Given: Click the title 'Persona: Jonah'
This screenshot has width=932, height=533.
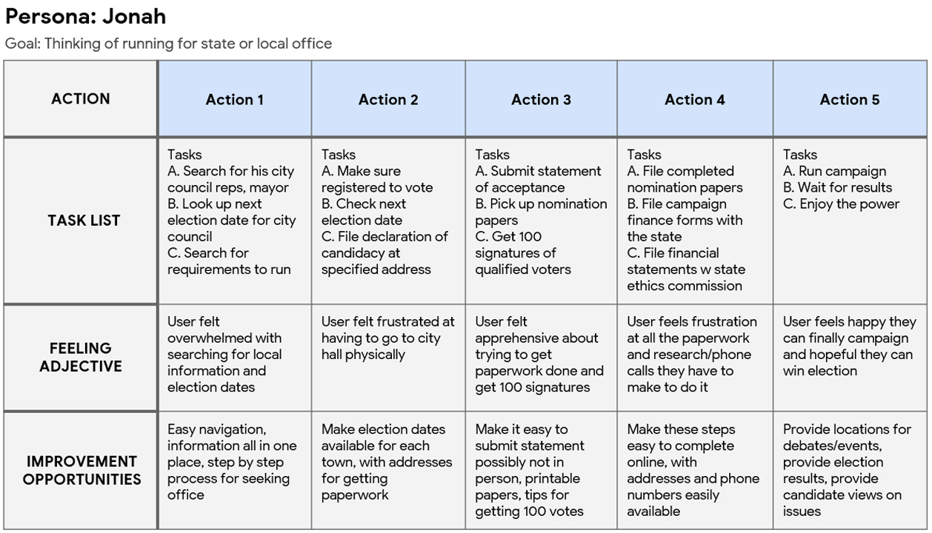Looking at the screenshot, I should [85, 16].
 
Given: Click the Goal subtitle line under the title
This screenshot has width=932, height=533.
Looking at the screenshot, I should [168, 44].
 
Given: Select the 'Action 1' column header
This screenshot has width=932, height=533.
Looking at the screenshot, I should [234, 100].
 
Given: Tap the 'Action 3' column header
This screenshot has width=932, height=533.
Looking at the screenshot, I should [541, 100].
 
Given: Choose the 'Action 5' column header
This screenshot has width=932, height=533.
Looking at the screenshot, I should [849, 100].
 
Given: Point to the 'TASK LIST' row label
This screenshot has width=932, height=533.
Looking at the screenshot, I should [84, 220].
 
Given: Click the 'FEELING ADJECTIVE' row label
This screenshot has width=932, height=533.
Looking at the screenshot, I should [81, 357].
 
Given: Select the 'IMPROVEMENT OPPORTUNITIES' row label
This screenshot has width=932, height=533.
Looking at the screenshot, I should [81, 470].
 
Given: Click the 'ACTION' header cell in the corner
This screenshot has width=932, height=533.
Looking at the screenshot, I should [80, 98].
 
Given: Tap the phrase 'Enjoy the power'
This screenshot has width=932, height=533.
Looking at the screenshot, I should [849, 204].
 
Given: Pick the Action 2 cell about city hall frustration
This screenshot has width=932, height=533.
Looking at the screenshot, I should [387, 338].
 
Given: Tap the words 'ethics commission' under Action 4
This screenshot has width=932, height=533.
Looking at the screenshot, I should [685, 286].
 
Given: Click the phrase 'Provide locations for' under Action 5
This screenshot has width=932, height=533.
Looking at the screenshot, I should [847, 429].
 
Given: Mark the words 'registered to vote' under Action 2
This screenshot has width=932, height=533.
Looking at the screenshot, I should [377, 187].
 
